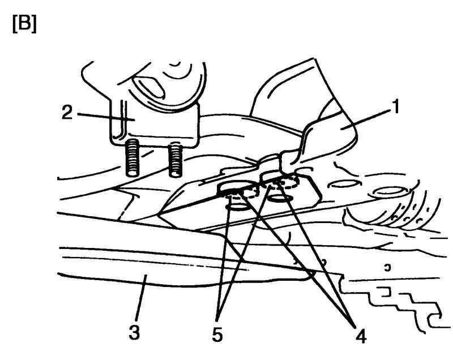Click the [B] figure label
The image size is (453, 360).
(x=24, y=24)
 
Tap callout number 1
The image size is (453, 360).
(x=396, y=106)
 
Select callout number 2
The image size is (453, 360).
(x=67, y=113)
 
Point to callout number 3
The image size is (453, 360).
(x=135, y=332)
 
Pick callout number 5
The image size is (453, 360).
(x=217, y=335)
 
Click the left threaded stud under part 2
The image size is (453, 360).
(x=133, y=157)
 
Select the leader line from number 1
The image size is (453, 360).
(x=365, y=121)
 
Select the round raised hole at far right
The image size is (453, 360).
(x=387, y=191)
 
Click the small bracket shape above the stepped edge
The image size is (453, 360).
(x=384, y=292)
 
